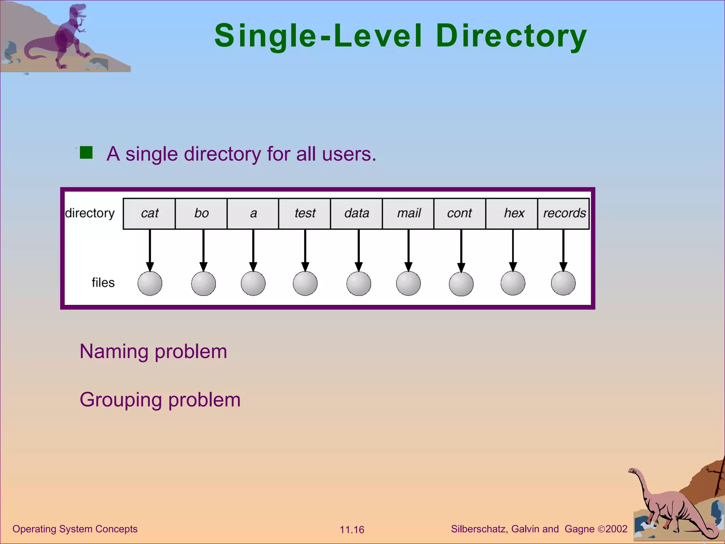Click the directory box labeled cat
(149, 214)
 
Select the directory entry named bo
(201, 214)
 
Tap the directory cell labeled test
(304, 214)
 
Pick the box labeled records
(564, 214)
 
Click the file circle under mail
(408, 283)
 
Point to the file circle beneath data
(359, 283)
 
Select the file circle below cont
(461, 284)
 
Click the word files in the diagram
(103, 283)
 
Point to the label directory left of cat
(90, 213)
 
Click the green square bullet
(86, 153)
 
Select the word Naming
(114, 351)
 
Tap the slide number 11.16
(352, 529)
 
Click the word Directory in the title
(511, 36)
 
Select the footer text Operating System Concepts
(75, 529)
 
